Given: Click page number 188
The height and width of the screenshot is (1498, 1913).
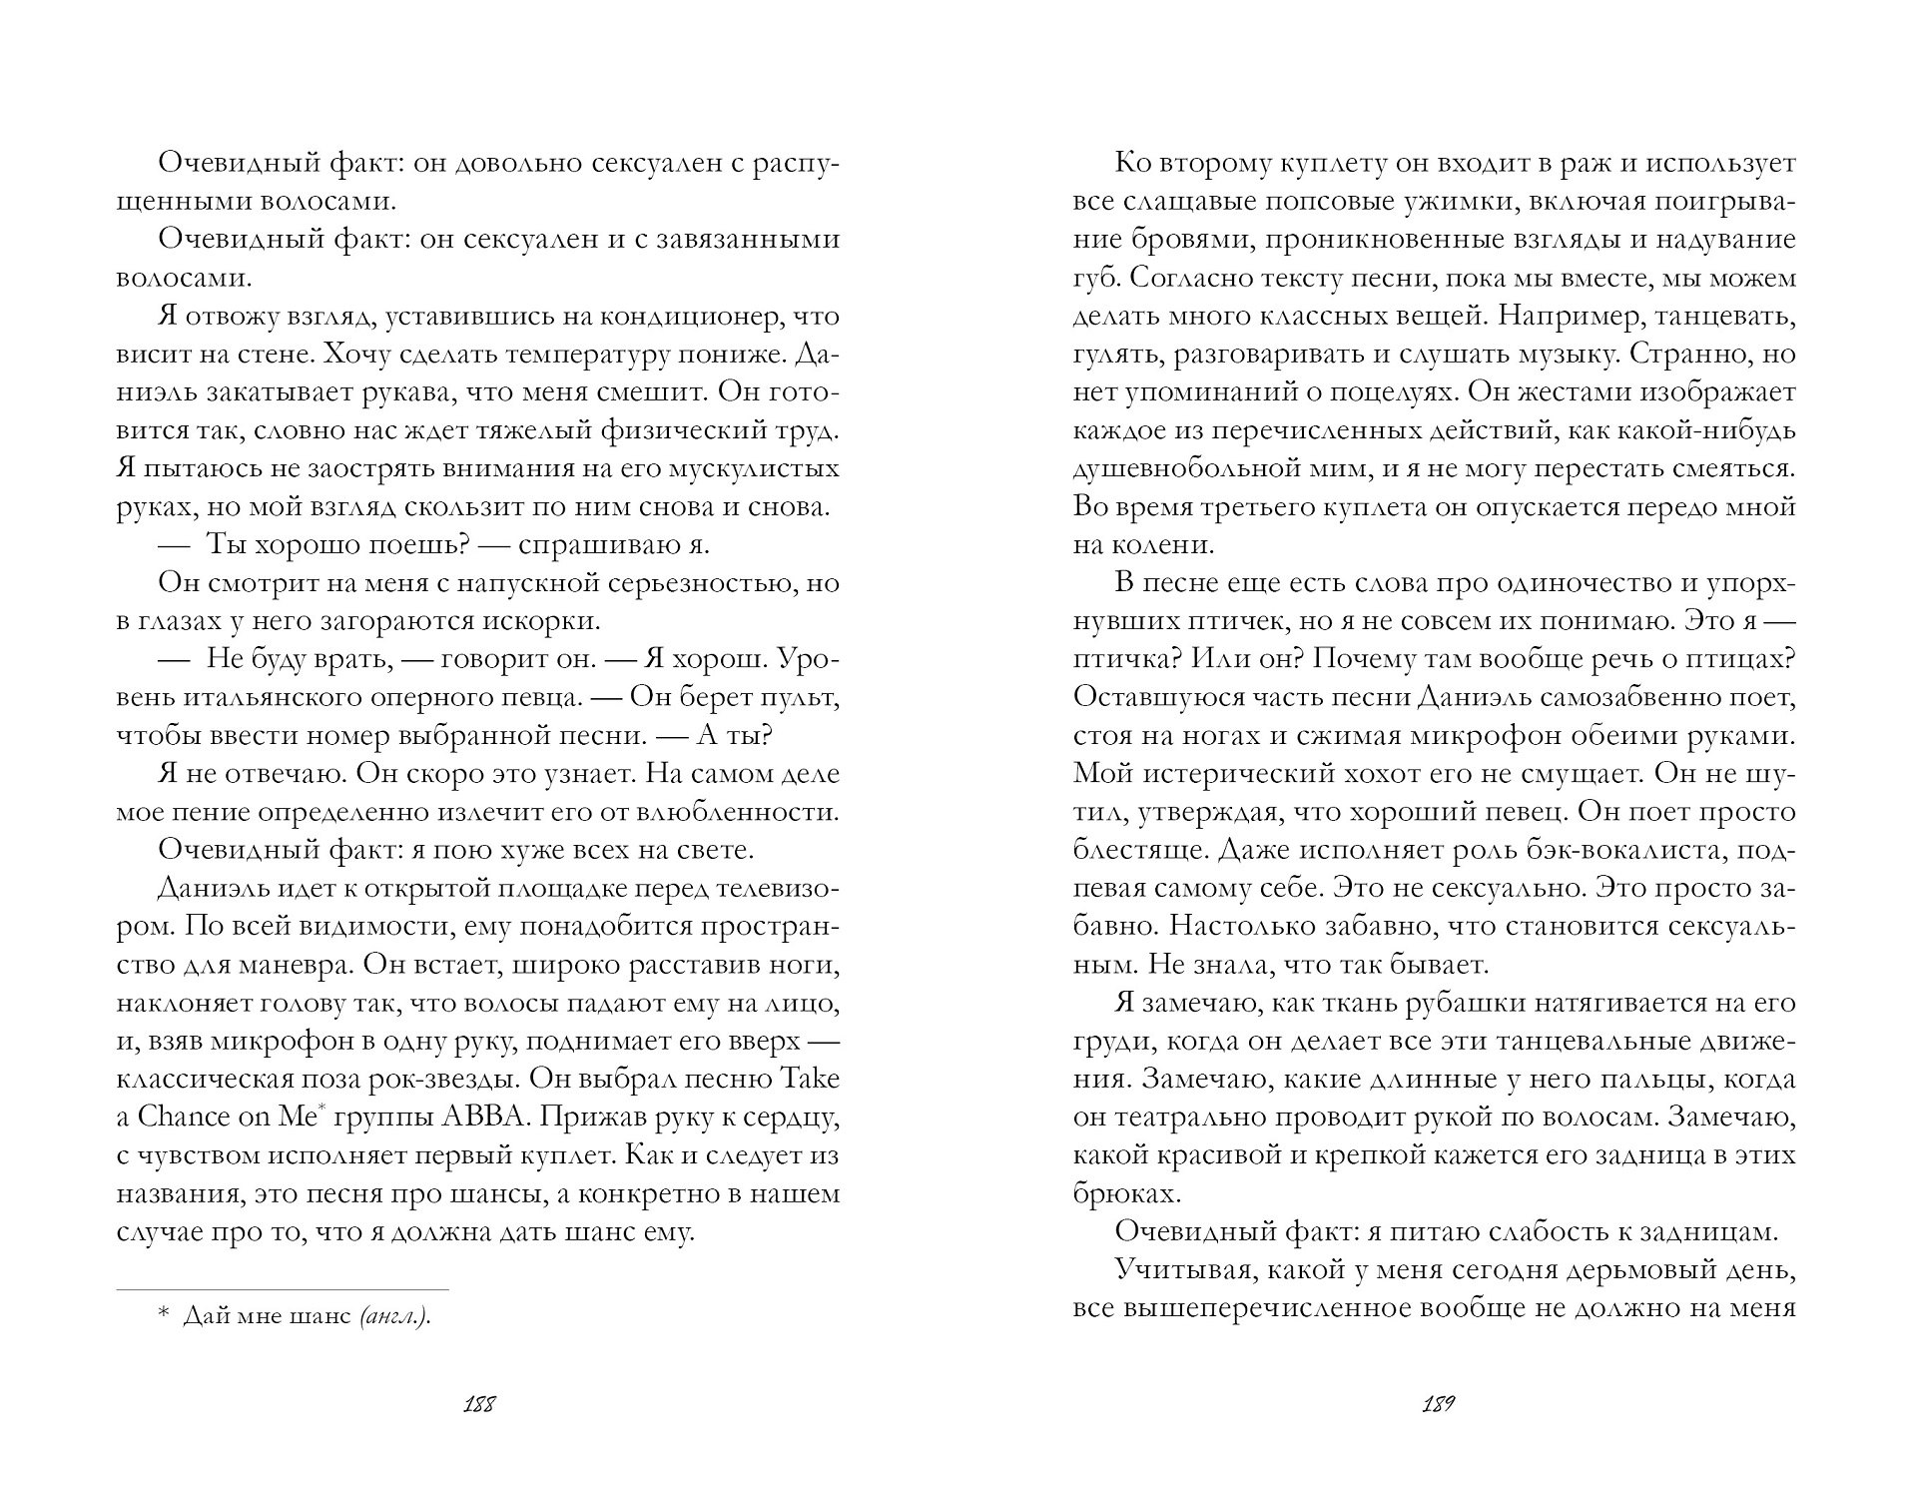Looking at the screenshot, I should pyautogui.click(x=479, y=1405).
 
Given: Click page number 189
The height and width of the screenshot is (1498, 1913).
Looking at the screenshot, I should pyautogui.click(x=1437, y=1405).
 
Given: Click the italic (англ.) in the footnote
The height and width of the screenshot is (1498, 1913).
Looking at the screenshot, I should pyautogui.click(x=394, y=1316).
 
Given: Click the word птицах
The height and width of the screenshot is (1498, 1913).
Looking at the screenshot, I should pyautogui.click(x=1747, y=659).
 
